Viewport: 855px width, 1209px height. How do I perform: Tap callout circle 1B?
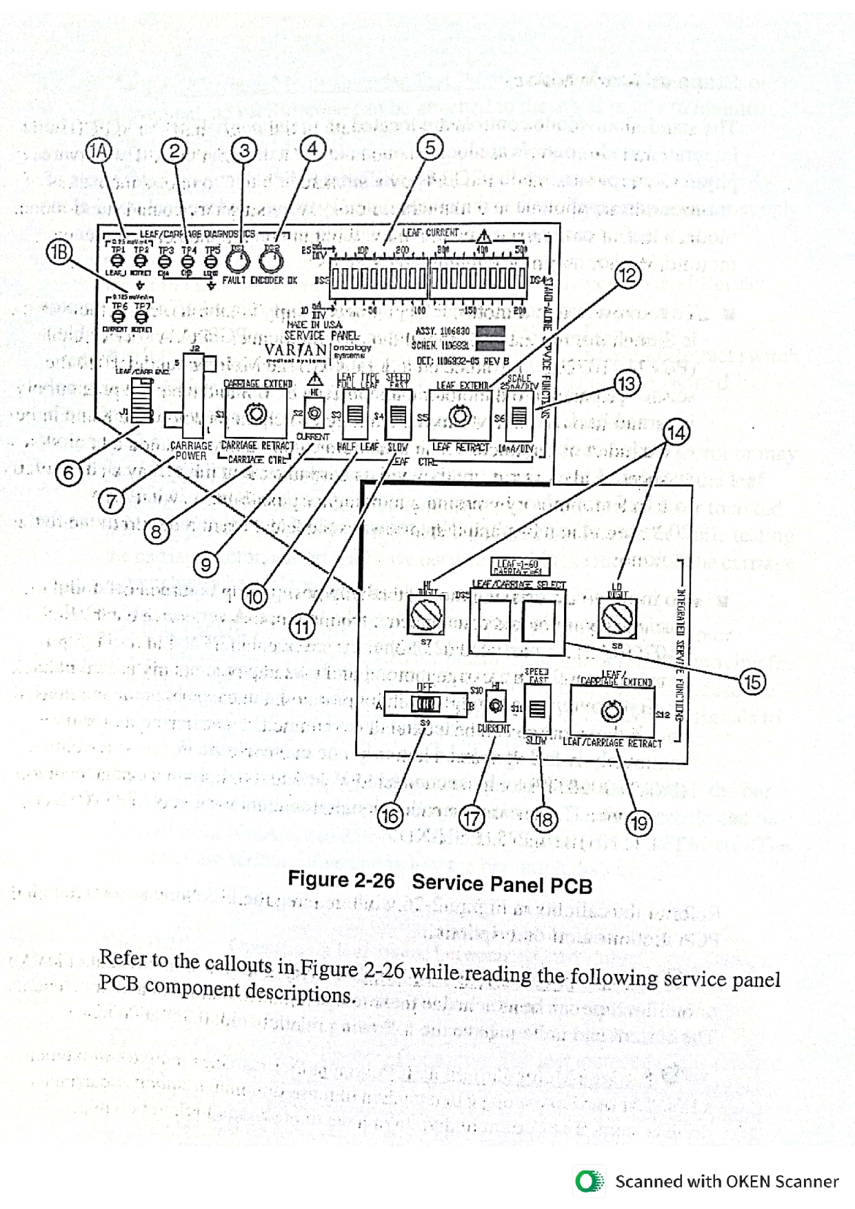pos(59,252)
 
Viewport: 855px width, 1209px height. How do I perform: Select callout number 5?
pos(430,147)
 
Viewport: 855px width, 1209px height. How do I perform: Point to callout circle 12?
pos(627,276)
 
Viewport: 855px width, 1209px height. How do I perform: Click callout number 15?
pos(752,682)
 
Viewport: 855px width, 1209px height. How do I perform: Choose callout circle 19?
pos(639,822)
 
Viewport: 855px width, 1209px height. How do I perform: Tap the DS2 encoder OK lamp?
pos(270,261)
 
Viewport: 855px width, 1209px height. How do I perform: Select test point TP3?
pos(165,261)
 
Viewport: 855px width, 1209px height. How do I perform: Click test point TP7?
pos(141,316)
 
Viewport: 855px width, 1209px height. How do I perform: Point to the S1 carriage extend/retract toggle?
pos(256,414)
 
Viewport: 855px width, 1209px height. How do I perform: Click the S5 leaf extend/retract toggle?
pos(460,416)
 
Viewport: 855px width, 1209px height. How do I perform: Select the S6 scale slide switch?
pos(519,416)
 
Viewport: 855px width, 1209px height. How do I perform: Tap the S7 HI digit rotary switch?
pos(427,616)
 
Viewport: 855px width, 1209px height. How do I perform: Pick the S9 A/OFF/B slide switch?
pos(425,704)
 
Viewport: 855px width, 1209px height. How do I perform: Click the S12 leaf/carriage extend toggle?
pos(612,711)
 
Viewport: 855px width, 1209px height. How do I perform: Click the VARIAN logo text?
pos(296,349)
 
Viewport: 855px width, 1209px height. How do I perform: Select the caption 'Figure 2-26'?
pos(341,880)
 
